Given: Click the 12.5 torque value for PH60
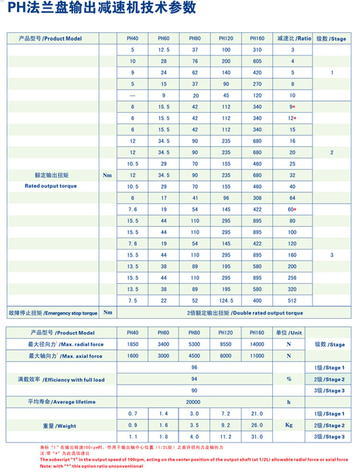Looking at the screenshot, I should coord(164,50).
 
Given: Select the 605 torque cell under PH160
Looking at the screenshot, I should coord(257,61).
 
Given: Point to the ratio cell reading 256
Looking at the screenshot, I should coord(292,278).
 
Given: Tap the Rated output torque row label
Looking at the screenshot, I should coord(50,186).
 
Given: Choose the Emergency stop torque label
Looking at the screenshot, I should coord(53,313).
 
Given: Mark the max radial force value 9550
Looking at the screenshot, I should coord(226,344).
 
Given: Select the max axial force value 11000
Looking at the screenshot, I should coord(257,356).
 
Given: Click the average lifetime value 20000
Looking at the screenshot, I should coord(194,402).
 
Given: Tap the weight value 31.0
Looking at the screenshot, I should coord(257,437).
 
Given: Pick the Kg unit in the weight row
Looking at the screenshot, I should coord(289,425).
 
